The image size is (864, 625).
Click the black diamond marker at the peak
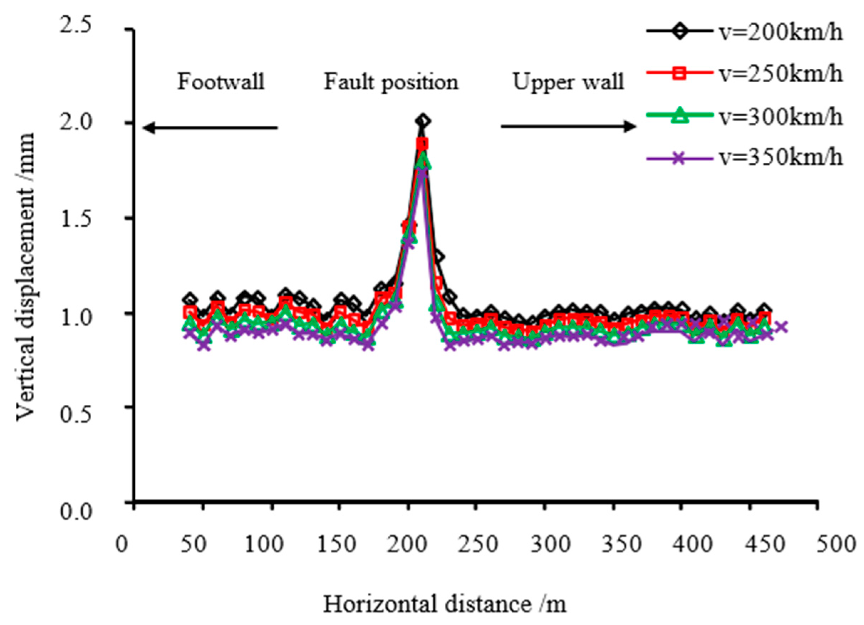coord(423,121)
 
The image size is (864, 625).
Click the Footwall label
coord(221,82)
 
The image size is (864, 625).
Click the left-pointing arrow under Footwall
coord(209,128)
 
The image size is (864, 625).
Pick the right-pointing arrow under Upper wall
coord(568,127)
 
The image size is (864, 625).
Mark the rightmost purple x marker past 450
coord(781,327)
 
